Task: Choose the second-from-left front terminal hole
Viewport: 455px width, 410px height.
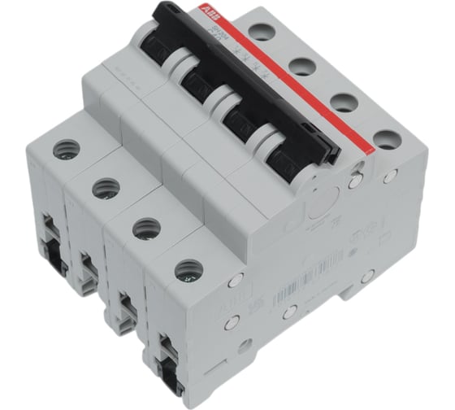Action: point(103,189)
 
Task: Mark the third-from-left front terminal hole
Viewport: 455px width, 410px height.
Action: point(145,228)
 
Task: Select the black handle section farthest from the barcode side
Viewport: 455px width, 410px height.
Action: point(162,37)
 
